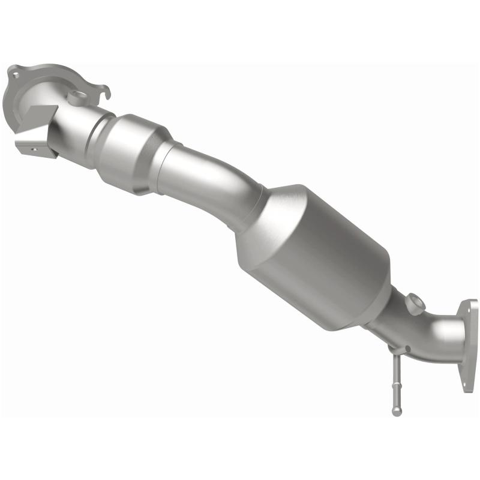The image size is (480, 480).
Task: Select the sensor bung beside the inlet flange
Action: [x=75, y=95]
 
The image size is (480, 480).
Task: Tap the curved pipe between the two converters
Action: [x=210, y=180]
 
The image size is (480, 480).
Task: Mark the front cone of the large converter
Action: [x=264, y=216]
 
